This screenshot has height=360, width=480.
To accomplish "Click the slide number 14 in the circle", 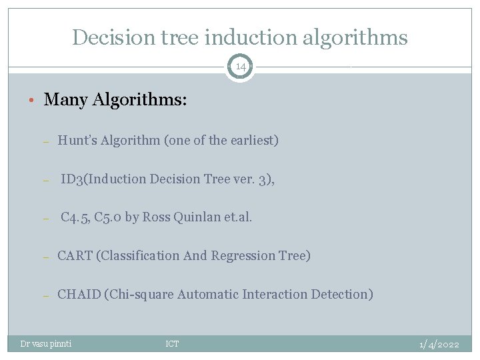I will pos(240,67).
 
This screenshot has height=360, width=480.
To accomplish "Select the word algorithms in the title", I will pos(355,37).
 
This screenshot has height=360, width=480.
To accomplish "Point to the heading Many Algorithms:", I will pos(115,100).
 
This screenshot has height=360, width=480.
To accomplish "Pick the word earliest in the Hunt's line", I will pos(252,140).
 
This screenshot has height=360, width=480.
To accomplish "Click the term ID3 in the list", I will pos(71,179).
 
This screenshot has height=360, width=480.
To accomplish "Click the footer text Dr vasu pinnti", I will pos(46,344).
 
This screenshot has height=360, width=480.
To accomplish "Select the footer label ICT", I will pos(172,344).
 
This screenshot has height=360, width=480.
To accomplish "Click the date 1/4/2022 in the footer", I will pos(439,344).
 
